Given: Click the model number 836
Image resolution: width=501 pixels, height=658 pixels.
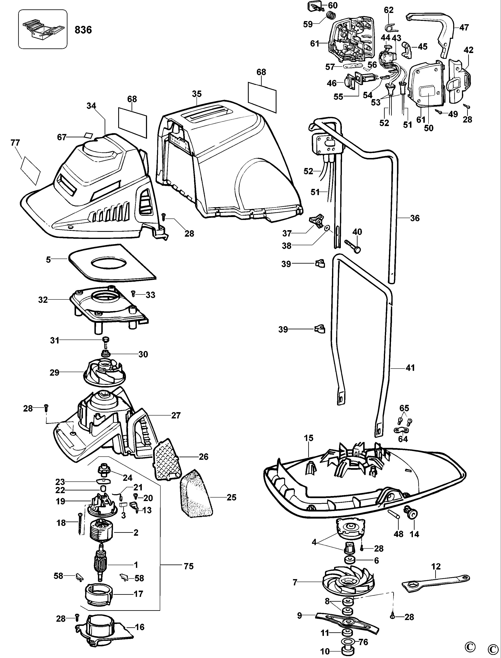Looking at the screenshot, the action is (83, 30).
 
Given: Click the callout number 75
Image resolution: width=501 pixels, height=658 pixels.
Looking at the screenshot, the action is (188, 566).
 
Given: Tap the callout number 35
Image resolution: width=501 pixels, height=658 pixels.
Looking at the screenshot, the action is (197, 94).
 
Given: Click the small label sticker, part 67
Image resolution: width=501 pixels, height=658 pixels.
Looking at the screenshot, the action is (88, 135).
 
